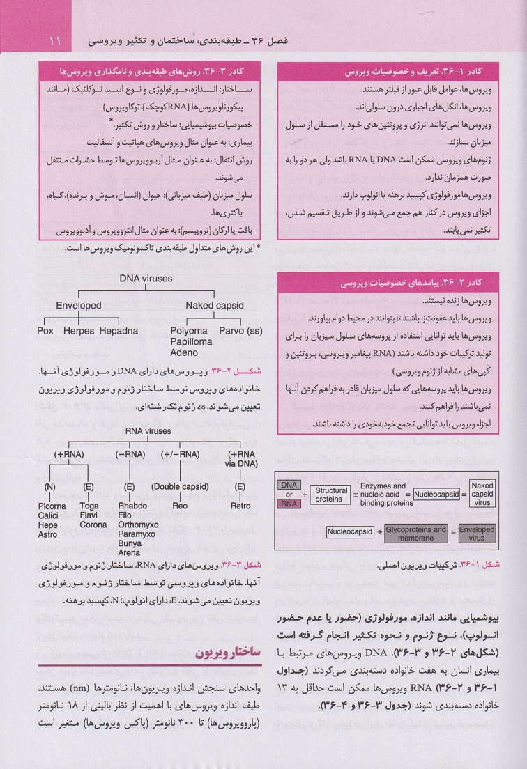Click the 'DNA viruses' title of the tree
click(x=146, y=278)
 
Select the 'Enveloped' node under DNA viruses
click(x=79, y=305)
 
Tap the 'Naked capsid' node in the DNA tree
click(x=214, y=305)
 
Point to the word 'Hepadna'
click(x=119, y=331)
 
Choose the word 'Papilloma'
click(x=191, y=342)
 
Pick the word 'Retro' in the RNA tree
click(x=240, y=506)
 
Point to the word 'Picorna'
click(x=52, y=506)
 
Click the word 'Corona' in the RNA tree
click(x=93, y=525)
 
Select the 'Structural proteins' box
click(x=329, y=495)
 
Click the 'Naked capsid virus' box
click(x=482, y=495)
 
